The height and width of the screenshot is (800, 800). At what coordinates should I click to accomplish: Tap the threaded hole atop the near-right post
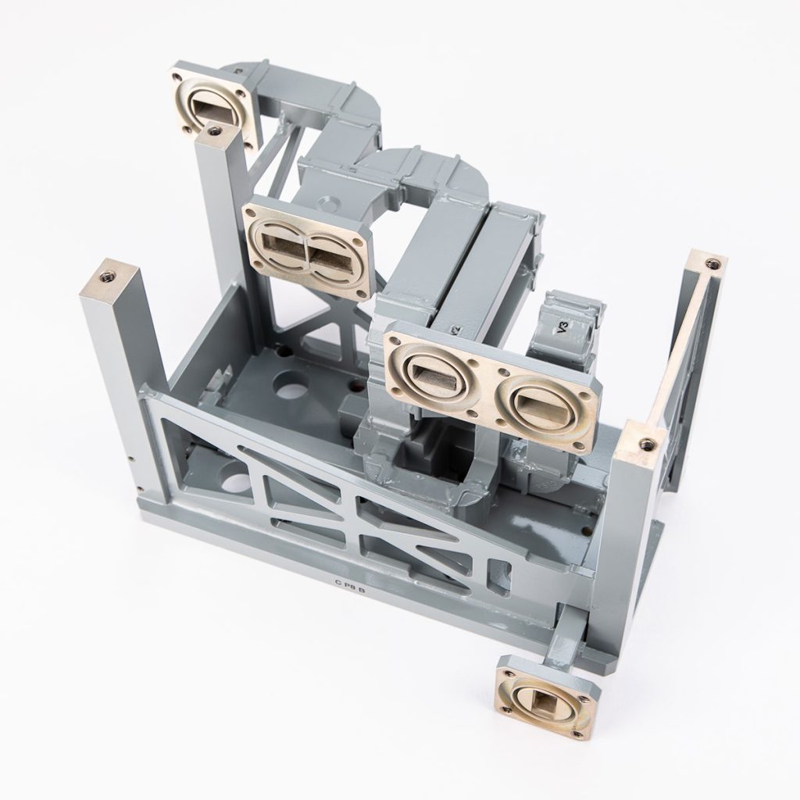pos(645,443)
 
